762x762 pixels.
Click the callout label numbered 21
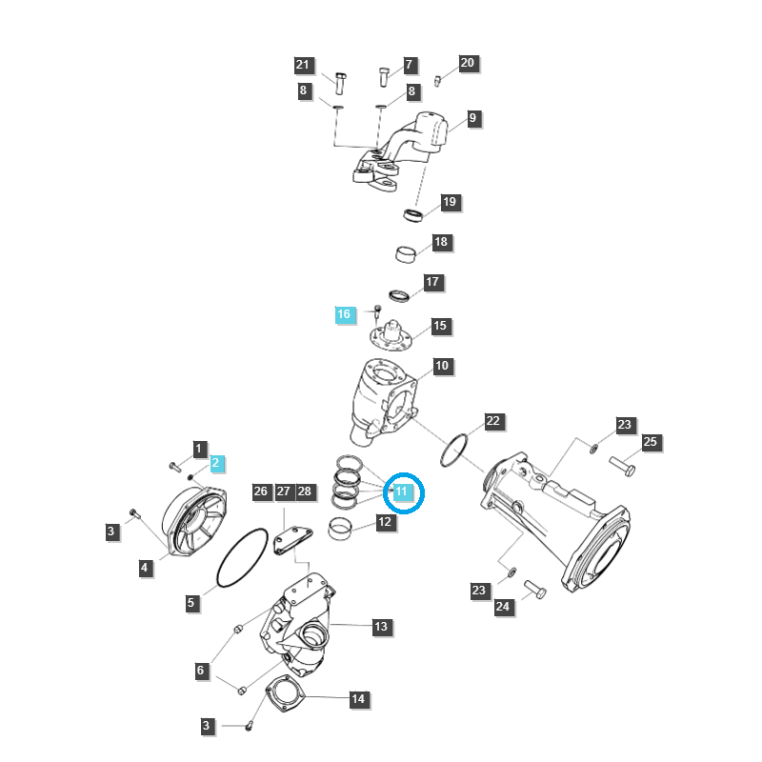coord(303,65)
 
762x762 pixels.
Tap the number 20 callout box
coord(467,63)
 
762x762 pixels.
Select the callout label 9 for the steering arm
coord(473,119)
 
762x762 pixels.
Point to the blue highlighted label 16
coord(344,314)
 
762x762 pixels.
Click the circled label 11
coord(402,491)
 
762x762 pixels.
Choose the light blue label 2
coord(216,464)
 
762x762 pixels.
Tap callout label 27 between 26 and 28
coord(283,491)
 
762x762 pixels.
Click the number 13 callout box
coord(381,627)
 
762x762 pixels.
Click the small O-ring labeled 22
coord(456,451)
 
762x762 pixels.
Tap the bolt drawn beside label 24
coord(534,591)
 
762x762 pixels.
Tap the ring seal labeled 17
coord(401,292)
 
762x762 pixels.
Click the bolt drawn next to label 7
coord(383,75)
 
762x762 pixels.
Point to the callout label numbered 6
coord(200,671)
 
